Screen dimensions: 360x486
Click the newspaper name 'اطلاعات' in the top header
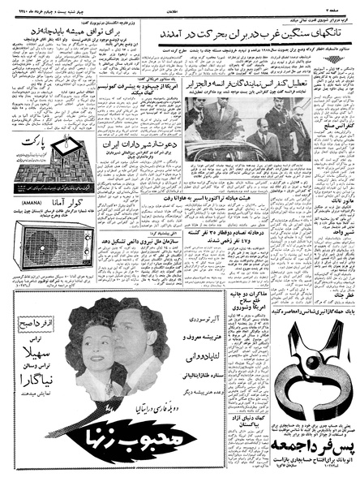coord(179,6)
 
